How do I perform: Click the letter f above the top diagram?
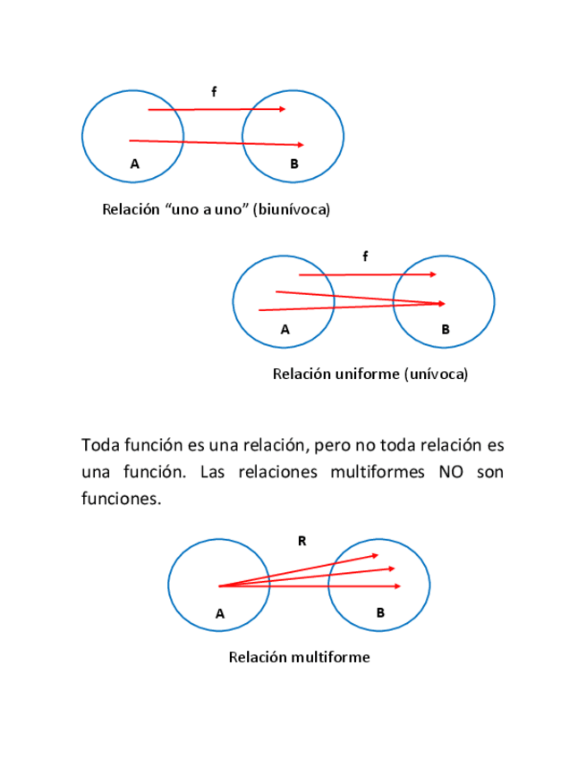tap(214, 91)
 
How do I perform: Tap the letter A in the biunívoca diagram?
tap(135, 164)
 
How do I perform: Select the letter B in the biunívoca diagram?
tap(294, 164)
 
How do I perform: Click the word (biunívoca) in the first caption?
tap(292, 210)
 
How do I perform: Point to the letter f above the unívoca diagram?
tap(365, 257)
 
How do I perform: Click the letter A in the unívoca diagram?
tap(285, 329)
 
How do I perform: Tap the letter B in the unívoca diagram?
tap(446, 329)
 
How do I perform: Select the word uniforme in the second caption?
tap(368, 375)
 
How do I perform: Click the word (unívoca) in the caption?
tap(436, 375)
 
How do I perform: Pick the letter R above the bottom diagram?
tap(301, 540)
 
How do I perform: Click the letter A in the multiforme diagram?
tap(220, 613)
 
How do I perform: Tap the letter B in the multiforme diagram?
tap(380, 613)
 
